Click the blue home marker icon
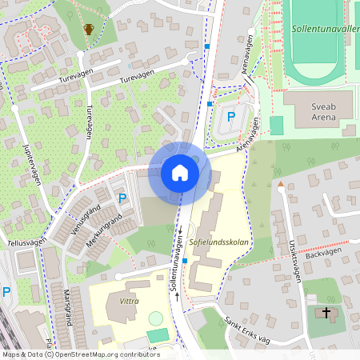179,173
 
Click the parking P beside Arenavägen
231,117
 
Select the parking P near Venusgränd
122,198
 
